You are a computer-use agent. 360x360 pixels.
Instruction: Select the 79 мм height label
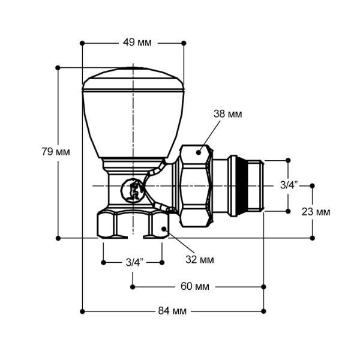tap(55, 152)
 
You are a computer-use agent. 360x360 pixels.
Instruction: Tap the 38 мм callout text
tap(228, 114)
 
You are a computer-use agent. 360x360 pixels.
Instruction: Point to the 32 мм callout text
tap(200, 260)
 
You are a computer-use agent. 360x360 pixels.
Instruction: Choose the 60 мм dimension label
tap(195, 286)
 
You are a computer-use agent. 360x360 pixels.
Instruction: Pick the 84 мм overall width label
tap(172, 311)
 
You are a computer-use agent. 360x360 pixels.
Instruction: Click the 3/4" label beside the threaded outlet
tap(289, 185)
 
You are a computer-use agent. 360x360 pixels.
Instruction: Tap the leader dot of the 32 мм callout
tap(164, 229)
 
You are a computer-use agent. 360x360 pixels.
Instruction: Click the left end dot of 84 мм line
tap(82, 311)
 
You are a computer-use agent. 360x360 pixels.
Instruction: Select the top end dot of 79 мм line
tap(58, 68)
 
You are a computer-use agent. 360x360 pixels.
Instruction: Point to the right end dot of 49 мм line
tap(183, 43)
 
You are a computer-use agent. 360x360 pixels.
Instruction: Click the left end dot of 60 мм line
tap(132, 286)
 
